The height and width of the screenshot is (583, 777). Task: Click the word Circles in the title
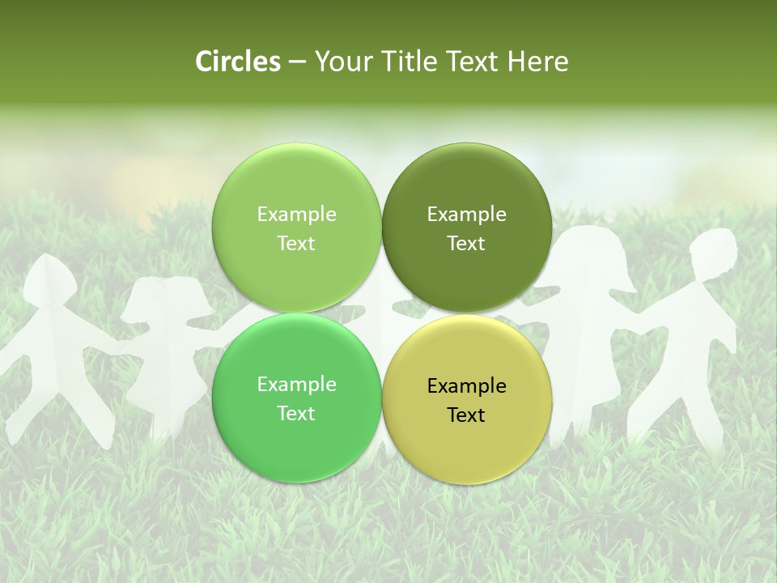point(237,62)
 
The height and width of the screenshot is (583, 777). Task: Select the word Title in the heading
point(414,62)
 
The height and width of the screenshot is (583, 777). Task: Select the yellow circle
point(466,399)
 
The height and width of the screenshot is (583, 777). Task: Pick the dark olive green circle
point(466,228)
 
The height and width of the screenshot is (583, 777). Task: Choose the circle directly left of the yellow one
point(296,398)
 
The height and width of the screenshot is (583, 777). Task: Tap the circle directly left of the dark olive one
point(296,228)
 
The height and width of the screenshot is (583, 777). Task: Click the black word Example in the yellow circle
point(466,385)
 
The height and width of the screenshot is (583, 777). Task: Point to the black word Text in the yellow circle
point(466,415)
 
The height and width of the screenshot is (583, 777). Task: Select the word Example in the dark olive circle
point(466,215)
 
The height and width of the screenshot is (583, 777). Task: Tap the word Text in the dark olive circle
point(466,243)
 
